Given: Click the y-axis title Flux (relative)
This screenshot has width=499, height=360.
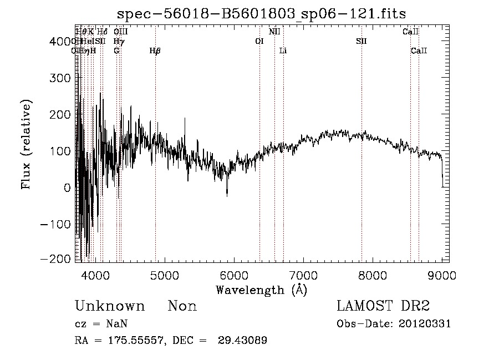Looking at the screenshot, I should (26, 144).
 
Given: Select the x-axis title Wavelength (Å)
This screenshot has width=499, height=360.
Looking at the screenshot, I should (261, 290).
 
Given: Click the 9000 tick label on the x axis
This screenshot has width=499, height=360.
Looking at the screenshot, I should (442, 275).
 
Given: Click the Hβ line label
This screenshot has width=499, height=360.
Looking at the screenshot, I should (155, 50).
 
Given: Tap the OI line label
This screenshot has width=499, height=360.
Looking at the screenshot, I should (259, 41).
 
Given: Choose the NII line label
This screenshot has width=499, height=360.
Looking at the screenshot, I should (274, 32).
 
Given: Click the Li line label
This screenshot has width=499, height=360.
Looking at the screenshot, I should (283, 50).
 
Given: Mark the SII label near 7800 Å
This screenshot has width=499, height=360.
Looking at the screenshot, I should (361, 41).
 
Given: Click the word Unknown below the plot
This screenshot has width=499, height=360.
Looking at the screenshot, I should (110, 306).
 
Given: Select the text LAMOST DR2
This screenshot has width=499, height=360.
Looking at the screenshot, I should (383, 306).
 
